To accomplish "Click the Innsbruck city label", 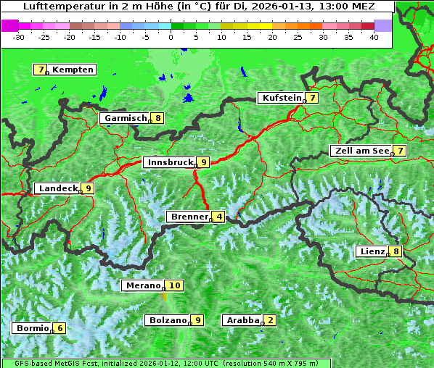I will [x=169, y=163].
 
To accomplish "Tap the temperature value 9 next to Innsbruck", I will [x=204, y=163].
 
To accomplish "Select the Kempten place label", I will [x=73, y=70].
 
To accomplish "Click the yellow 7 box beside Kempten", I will [x=41, y=70].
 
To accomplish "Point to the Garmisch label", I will [x=125, y=118].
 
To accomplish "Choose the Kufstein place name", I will [x=281, y=98].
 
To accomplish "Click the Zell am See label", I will [x=360, y=151].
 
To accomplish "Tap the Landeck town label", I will [x=57, y=188].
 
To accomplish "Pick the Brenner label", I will [x=189, y=217].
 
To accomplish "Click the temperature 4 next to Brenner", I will [x=219, y=217].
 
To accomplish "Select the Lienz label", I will [x=371, y=251].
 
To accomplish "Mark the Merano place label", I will [x=142, y=285].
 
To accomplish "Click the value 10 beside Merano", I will [x=174, y=285].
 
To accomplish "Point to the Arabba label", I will [x=242, y=320].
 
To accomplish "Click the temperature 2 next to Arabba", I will [x=271, y=320].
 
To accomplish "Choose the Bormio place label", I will [x=32, y=328].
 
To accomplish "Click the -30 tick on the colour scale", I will [x=19, y=37].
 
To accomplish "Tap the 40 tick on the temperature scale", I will [x=374, y=37].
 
